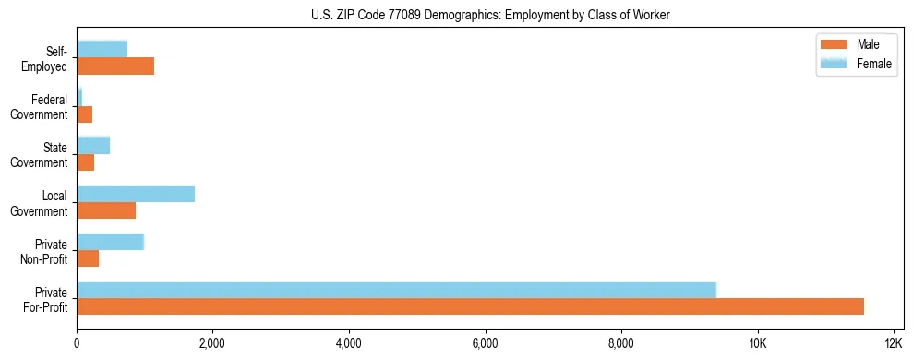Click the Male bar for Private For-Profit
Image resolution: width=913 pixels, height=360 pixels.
470,306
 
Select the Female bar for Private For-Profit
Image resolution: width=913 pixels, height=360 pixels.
396,290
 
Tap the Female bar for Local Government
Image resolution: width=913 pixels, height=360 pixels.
136,194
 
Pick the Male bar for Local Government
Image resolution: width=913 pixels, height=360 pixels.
106,210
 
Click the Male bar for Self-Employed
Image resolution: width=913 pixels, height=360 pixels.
115,66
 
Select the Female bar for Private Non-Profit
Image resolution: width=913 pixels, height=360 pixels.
110,242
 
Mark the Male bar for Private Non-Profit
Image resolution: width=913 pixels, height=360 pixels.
88,258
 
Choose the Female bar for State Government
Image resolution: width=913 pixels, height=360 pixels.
93,146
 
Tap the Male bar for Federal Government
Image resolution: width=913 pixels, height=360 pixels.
84,114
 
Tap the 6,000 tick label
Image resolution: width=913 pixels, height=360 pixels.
485,343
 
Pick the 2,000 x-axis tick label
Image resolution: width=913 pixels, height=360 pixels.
212,343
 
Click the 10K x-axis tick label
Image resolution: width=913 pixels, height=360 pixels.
757,343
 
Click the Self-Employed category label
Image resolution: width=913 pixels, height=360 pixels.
45,59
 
